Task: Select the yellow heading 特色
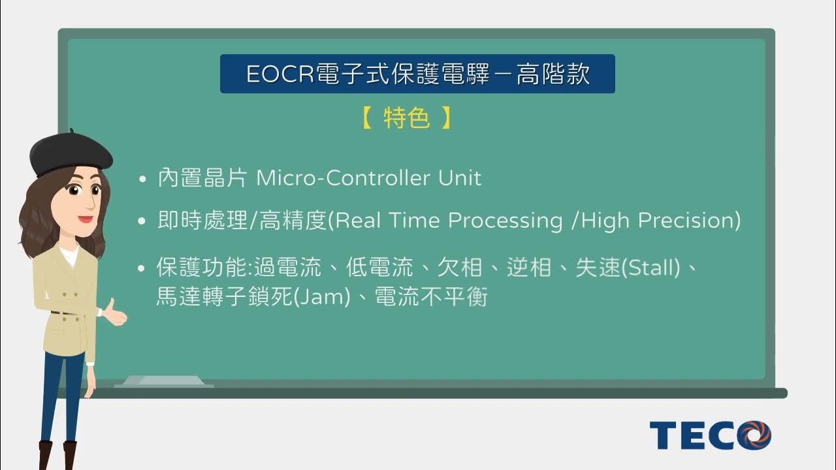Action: pos(406,118)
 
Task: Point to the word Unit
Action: pos(460,178)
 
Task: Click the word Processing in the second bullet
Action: pos(505,221)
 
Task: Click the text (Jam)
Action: pos(319,298)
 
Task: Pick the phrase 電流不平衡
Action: pos(431,298)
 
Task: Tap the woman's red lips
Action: pos(85,219)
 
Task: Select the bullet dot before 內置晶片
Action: pos(142,179)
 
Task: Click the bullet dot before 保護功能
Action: pos(142,268)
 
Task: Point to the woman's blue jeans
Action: pos(62,398)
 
